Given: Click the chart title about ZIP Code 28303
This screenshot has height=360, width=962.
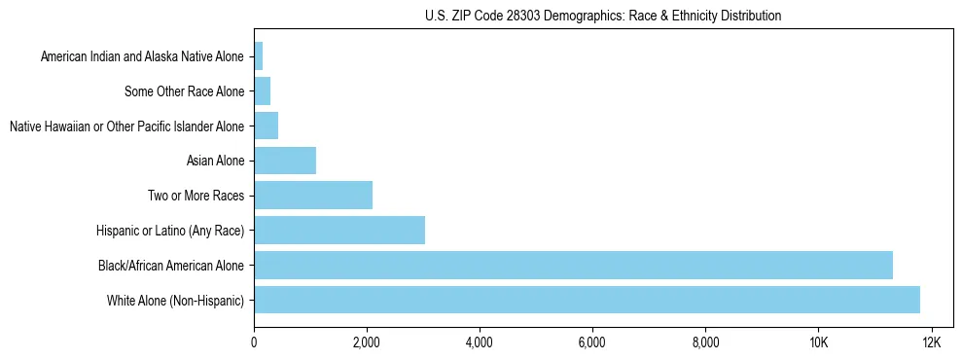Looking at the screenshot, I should (x=603, y=16).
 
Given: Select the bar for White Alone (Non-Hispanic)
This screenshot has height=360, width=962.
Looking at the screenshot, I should (x=587, y=300).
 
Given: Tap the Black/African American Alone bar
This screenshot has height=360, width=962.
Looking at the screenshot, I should (x=573, y=265).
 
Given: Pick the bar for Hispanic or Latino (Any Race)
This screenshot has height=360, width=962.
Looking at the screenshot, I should (x=339, y=230).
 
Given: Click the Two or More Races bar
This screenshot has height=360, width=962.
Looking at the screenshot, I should (x=313, y=195).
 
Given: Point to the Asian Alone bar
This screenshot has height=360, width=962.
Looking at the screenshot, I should (x=285, y=161).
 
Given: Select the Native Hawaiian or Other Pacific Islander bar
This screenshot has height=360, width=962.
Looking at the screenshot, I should (x=267, y=126).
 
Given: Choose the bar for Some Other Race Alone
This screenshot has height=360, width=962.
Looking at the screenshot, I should (x=263, y=91).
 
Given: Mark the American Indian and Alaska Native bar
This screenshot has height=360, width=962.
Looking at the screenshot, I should (x=259, y=56).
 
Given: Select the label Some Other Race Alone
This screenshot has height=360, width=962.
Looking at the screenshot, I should (x=184, y=91).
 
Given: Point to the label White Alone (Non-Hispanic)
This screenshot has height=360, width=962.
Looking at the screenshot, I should (x=175, y=300).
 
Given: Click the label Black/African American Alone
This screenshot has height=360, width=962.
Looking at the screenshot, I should (x=171, y=265).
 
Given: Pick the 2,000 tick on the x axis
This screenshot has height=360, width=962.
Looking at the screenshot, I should (x=366, y=342).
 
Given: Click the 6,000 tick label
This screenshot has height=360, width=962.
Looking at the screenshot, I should (x=591, y=342).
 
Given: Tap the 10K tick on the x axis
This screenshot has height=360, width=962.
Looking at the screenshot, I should (x=818, y=342).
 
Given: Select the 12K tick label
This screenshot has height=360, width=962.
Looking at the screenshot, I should (x=931, y=342).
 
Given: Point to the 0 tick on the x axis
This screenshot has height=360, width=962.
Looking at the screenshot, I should (x=254, y=342).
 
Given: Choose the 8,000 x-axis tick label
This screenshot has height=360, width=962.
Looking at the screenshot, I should (x=704, y=342).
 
